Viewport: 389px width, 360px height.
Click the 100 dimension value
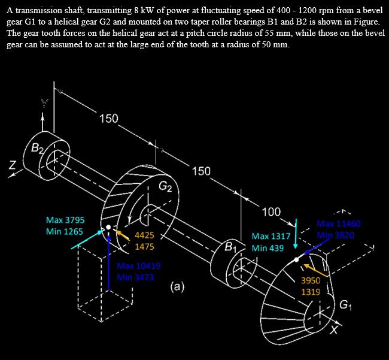pos(271,211)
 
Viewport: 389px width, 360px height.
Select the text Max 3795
pos(65,220)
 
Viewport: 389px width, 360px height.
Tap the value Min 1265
pos(65,231)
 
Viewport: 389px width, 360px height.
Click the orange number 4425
pos(145,235)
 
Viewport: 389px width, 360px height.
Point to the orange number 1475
pos(145,246)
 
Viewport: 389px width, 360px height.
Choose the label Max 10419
pos(138,265)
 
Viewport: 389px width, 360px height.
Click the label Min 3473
pos(136,277)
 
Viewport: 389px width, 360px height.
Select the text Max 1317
pos(271,237)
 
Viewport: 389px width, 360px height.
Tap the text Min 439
pos(267,247)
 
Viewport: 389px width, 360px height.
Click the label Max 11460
pos(339,223)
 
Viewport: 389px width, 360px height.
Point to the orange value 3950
pos(311,280)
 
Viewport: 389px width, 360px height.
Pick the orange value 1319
pos(311,292)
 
